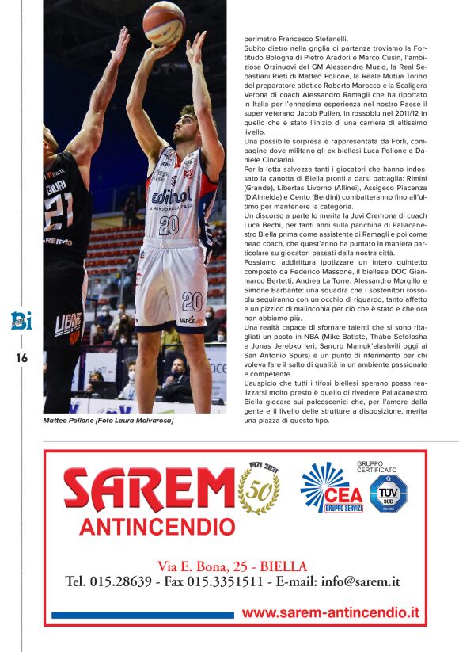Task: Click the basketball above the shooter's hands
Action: point(163,23)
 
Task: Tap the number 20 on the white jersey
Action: point(169,226)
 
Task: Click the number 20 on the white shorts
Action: point(192,301)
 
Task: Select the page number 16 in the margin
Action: point(21,358)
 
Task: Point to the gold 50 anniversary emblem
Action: point(259,489)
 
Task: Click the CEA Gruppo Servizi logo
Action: point(332,488)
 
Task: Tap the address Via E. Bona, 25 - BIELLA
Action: point(232,566)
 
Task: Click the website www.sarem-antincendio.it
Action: point(330,613)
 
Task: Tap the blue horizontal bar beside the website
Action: point(142,615)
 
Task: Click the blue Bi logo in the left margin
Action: point(21,321)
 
